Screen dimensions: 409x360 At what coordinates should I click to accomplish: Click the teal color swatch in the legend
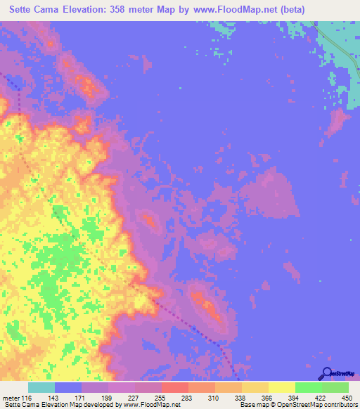click(x=41, y=387)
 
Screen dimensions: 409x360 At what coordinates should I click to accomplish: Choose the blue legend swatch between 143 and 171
click(x=68, y=387)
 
